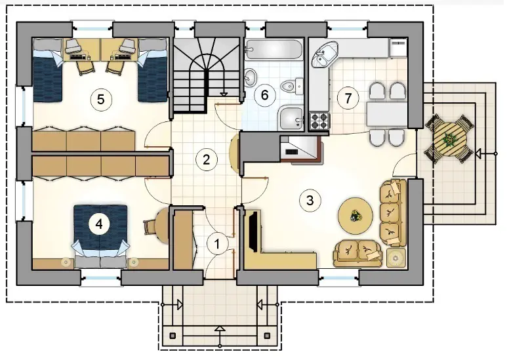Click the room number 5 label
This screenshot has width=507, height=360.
pyautogui.click(x=101, y=99)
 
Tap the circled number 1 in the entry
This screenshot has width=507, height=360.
pyautogui.click(x=217, y=244)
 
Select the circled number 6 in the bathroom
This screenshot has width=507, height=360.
pyautogui.click(x=264, y=95)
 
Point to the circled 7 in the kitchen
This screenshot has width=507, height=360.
pyautogui.click(x=348, y=98)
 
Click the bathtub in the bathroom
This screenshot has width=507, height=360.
pyautogui.click(x=274, y=50)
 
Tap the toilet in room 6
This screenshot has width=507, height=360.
pyautogui.click(x=291, y=86)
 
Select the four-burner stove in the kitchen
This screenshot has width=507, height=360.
pyautogui.click(x=320, y=121)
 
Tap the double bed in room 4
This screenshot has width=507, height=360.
pyautogui.click(x=100, y=236)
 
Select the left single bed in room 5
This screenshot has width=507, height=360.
pyautogui.click(x=47, y=70)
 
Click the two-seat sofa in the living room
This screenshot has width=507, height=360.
pyautogui.click(x=357, y=253)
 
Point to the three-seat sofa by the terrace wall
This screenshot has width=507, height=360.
pyautogui.click(x=393, y=212)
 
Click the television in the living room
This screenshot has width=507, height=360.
pyautogui.click(x=253, y=231)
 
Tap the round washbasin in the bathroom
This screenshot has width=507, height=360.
pyautogui.click(x=250, y=77)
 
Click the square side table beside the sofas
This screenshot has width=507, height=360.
pyautogui.click(x=395, y=257)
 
